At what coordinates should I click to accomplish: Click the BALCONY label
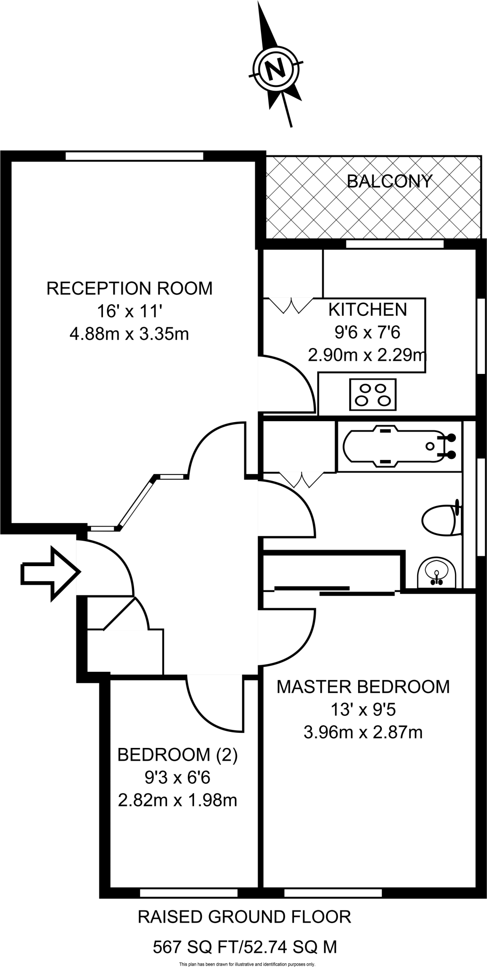click(x=389, y=181)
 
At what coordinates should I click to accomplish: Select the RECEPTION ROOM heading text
click(x=129, y=288)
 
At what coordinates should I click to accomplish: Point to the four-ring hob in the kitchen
click(x=372, y=394)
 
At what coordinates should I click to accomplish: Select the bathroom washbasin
click(x=437, y=572)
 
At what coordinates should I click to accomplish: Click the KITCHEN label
click(x=368, y=310)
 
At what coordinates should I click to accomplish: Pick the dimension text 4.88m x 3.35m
click(x=129, y=334)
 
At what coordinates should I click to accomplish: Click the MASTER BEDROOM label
click(x=363, y=687)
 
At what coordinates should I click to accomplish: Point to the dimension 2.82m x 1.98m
click(x=177, y=800)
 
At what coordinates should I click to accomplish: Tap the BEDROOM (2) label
click(x=177, y=755)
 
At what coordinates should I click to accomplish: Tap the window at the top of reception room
click(x=134, y=156)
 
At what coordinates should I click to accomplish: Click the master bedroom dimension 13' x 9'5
click(x=363, y=709)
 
